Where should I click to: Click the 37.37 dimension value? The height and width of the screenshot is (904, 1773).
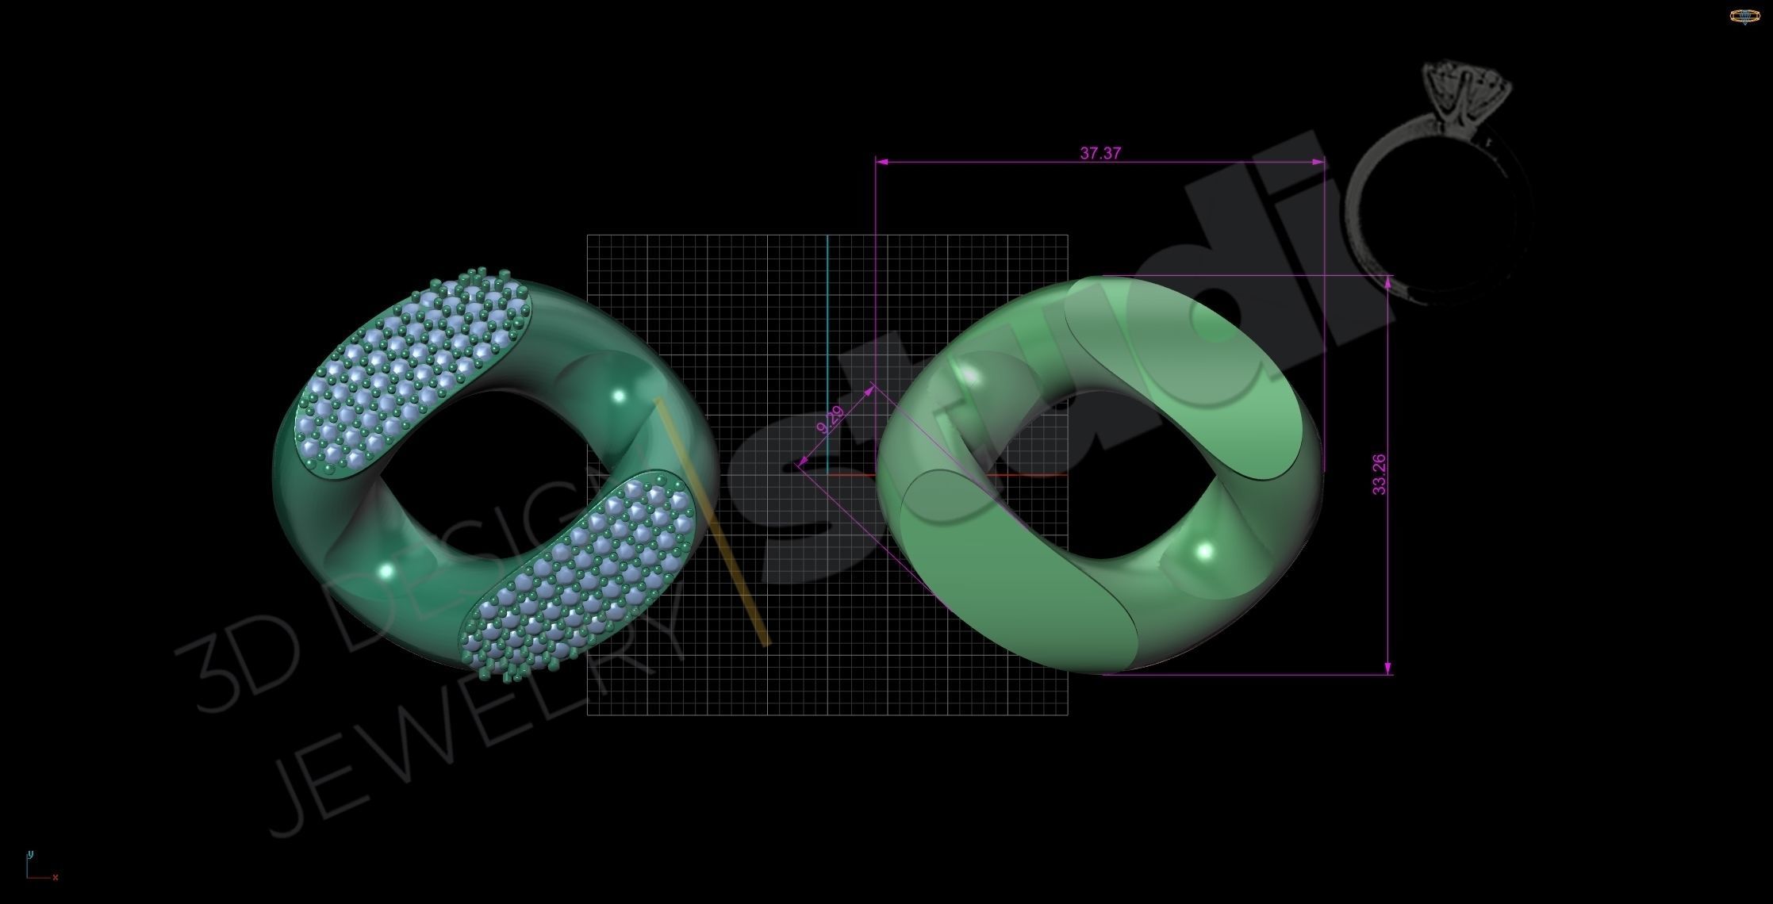pos(1100,153)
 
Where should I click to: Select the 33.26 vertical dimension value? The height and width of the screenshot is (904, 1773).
pos(1380,474)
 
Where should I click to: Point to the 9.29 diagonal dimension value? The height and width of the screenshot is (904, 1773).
pos(830,419)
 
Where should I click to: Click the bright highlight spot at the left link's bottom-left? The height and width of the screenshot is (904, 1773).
pos(386,570)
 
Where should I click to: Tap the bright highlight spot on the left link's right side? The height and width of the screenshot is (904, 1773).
pos(619,395)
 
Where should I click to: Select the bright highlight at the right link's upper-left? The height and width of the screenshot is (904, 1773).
pos(969,374)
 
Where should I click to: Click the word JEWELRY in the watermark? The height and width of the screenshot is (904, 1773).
pos(476,737)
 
